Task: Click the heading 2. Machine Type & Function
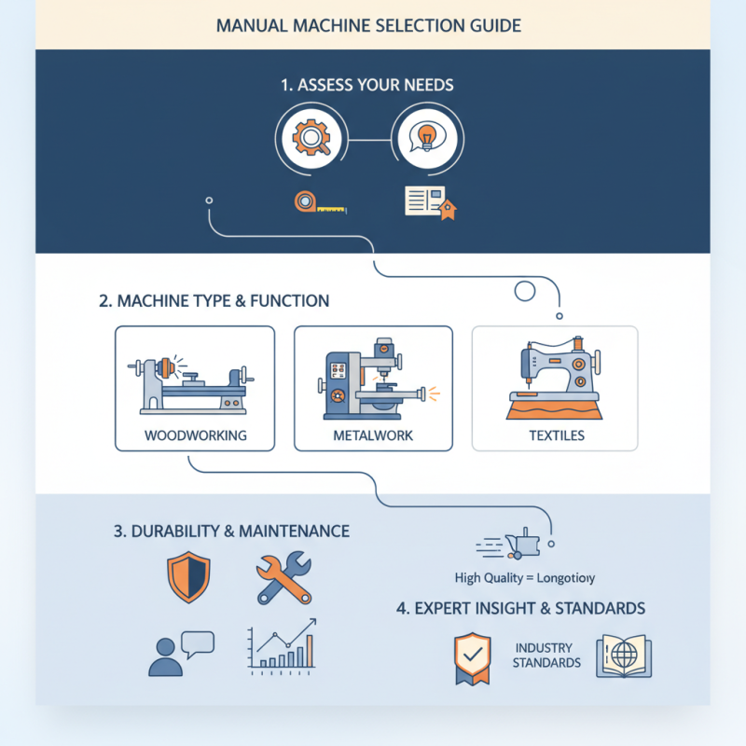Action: point(214,301)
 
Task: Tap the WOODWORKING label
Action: point(195,435)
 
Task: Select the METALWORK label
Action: point(374,435)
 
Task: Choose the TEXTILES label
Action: point(556,435)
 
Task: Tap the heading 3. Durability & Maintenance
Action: point(231,532)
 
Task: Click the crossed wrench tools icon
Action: point(283,578)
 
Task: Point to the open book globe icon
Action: point(624,656)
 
